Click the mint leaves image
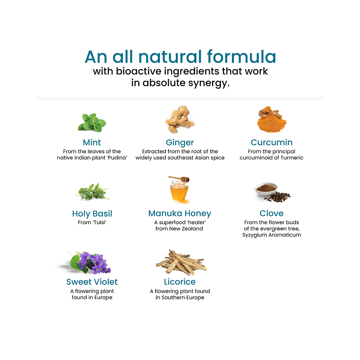(x=92, y=122)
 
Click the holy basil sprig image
(x=92, y=192)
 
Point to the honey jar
(x=179, y=193)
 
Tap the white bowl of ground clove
(x=265, y=189)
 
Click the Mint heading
(x=92, y=142)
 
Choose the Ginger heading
(x=180, y=143)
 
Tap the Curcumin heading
(x=271, y=142)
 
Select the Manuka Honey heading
(x=180, y=213)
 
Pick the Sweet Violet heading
(x=92, y=282)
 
